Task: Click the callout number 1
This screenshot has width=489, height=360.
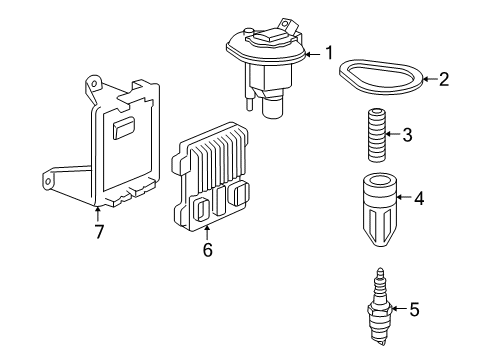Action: [x=329, y=54]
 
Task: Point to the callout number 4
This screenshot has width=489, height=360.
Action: [x=418, y=199]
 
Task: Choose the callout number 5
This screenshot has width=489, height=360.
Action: [x=414, y=310]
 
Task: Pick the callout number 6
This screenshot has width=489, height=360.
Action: [x=207, y=250]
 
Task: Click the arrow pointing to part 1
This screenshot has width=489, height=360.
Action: [x=312, y=54]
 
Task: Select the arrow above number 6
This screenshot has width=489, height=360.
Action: [x=207, y=231]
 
